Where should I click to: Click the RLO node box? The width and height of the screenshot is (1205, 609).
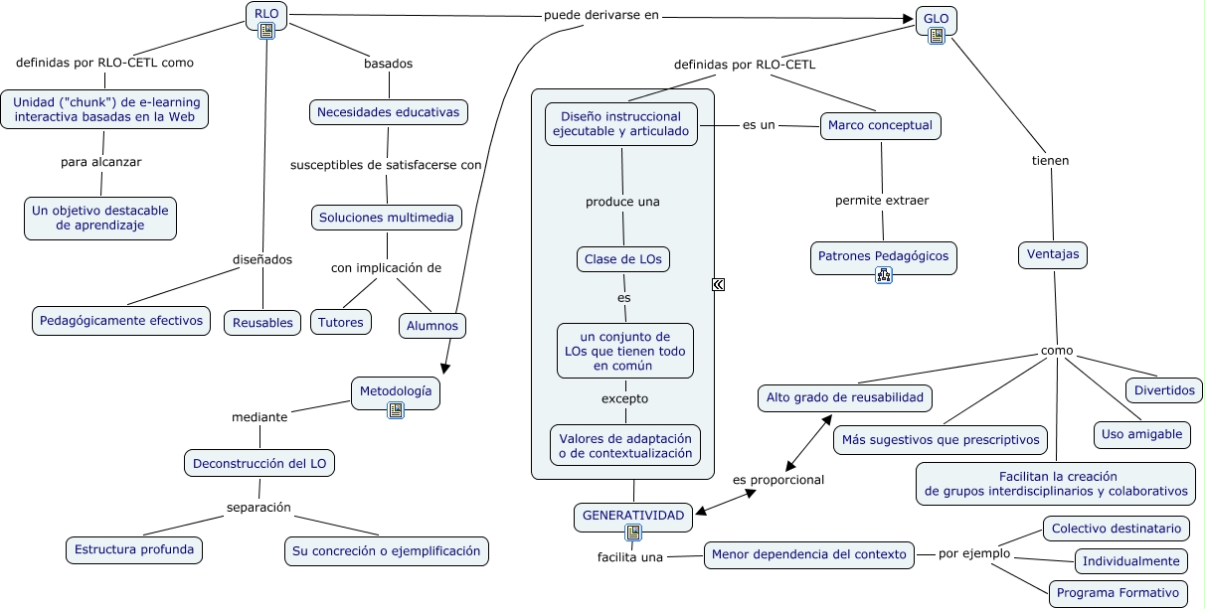pyautogui.click(x=266, y=14)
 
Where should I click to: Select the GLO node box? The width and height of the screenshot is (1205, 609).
pyautogui.click(x=936, y=19)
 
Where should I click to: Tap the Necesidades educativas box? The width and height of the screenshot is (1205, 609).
pyautogui.click(x=388, y=112)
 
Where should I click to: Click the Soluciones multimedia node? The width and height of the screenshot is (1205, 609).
pyautogui.click(x=386, y=217)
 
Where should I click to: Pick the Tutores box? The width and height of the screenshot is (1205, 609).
pyautogui.click(x=340, y=322)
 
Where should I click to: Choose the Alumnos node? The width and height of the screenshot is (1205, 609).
pyautogui.click(x=432, y=325)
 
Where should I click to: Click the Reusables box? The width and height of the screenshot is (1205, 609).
pyautogui.click(x=262, y=322)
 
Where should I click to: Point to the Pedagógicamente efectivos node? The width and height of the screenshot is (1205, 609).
pyautogui.click(x=121, y=320)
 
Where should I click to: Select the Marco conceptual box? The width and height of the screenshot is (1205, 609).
pyautogui.click(x=880, y=125)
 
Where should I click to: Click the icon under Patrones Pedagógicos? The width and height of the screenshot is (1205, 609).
pyautogui.click(x=883, y=275)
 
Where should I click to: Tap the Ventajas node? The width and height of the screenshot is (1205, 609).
pyautogui.click(x=1053, y=254)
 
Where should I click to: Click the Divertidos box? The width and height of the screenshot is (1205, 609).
pyautogui.click(x=1164, y=390)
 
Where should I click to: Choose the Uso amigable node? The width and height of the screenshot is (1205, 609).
pyautogui.click(x=1141, y=434)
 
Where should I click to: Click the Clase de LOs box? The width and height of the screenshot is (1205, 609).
pyautogui.click(x=623, y=259)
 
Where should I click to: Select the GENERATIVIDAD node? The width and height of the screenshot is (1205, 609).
pyautogui.click(x=633, y=516)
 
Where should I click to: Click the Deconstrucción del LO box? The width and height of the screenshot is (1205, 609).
pyautogui.click(x=259, y=462)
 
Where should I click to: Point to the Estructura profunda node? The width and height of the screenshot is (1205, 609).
pyautogui.click(x=133, y=549)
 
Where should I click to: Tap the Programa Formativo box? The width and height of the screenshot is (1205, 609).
pyautogui.click(x=1118, y=593)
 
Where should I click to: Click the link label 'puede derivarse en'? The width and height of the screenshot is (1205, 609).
pyautogui.click(x=601, y=16)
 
